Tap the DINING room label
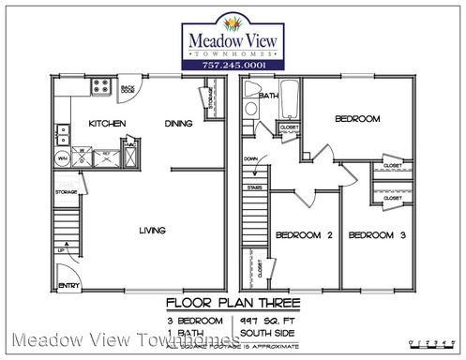(x=178, y=124)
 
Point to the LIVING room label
(x=153, y=230)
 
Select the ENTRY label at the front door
(x=69, y=284)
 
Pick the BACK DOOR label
(x=128, y=89)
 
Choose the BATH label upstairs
(x=269, y=96)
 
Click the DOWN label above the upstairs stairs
(x=249, y=159)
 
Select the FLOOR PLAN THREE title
(x=233, y=303)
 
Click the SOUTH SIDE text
(x=265, y=331)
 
